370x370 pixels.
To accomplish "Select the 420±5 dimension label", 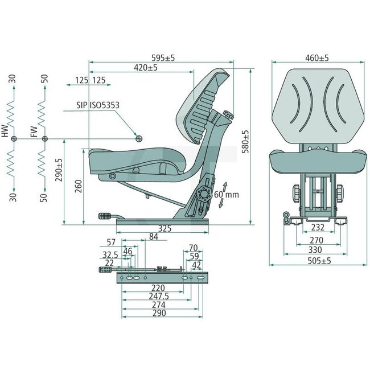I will (146, 68).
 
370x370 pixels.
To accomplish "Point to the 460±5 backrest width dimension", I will (317, 58).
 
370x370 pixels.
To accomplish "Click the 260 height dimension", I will (80, 186).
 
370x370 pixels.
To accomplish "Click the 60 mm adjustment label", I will (226, 195).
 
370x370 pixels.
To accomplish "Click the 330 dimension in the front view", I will (315, 249).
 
